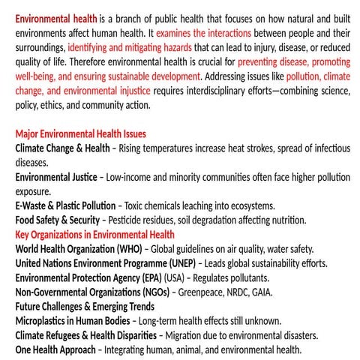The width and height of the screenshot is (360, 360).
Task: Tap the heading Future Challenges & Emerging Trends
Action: coord(85,306)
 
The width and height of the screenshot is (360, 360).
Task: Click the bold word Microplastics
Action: coord(44,320)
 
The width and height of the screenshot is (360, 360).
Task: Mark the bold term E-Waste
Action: coord(33,205)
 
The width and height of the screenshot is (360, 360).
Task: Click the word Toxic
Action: coord(139,205)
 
